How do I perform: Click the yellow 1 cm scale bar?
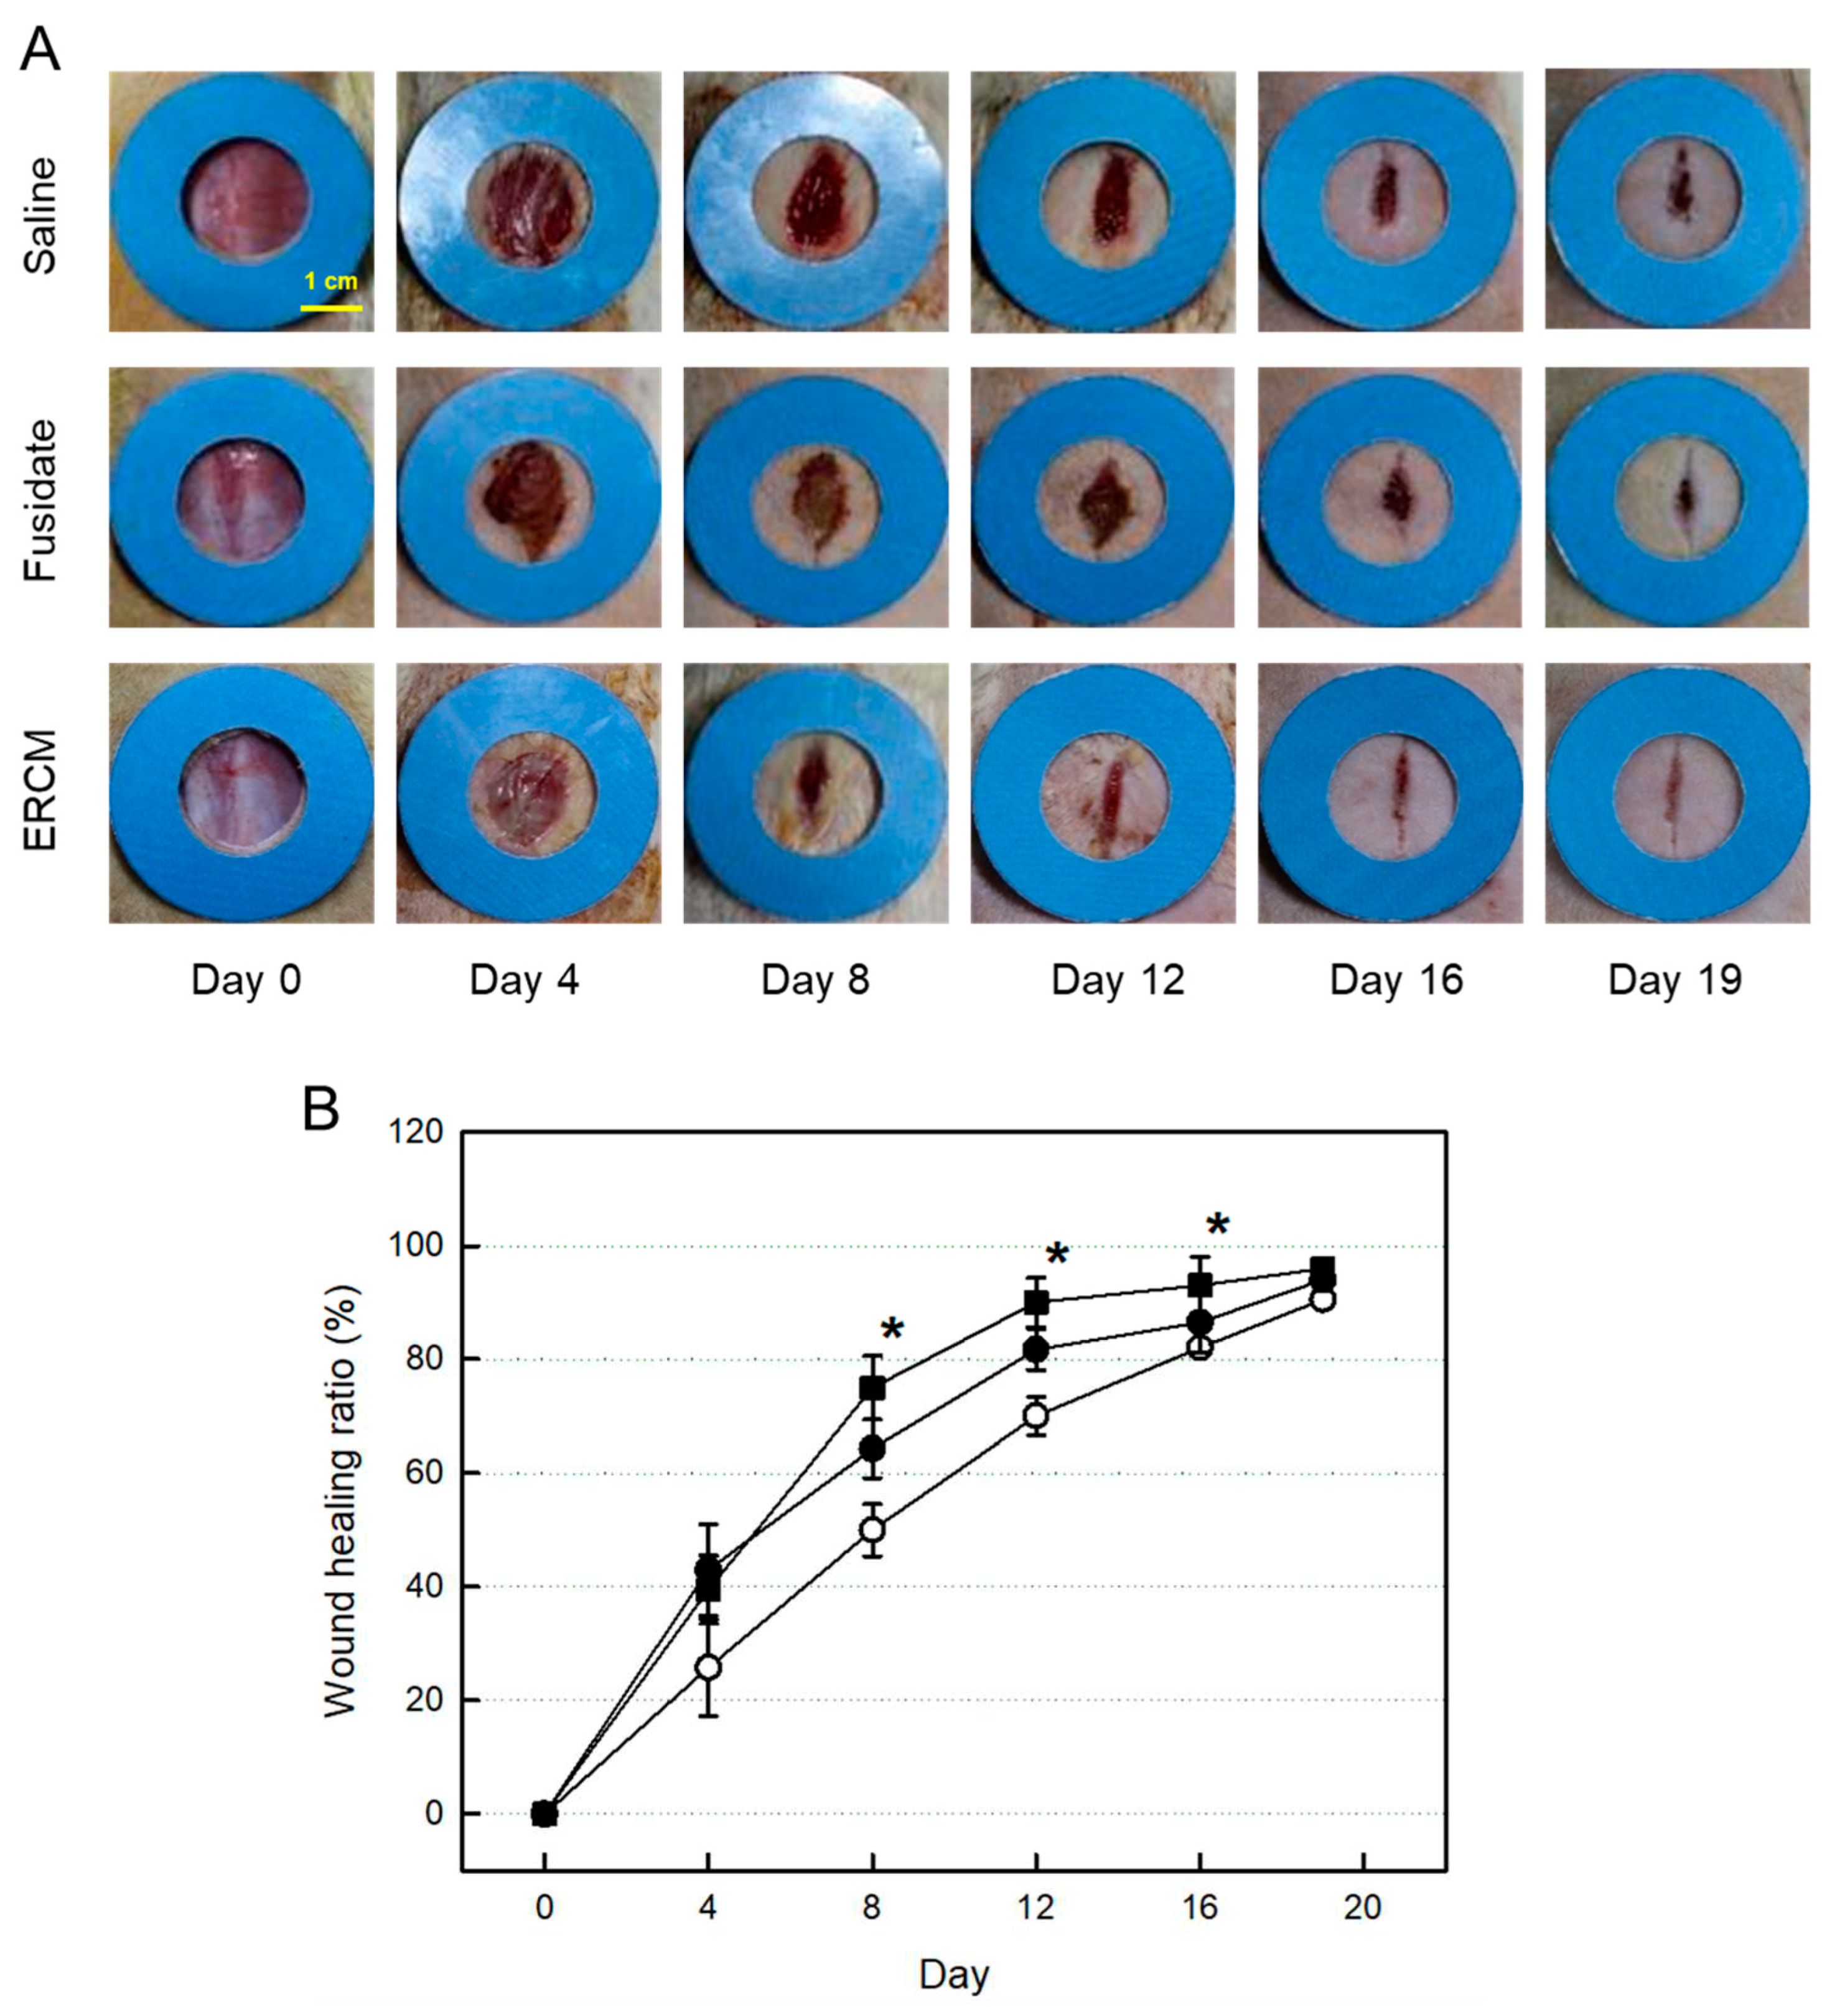coord(330,307)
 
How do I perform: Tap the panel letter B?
coord(320,1109)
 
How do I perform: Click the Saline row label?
coord(40,216)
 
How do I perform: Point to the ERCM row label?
coord(40,791)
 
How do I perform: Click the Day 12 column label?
coord(1117,980)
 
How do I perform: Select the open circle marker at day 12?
coord(1037,1415)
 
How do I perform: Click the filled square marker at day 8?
coord(872,1388)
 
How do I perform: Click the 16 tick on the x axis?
coord(1200,1907)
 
